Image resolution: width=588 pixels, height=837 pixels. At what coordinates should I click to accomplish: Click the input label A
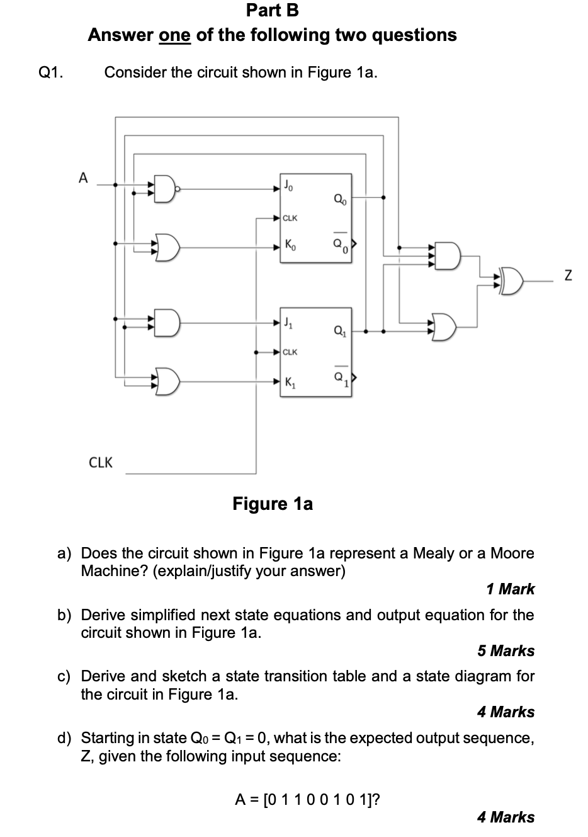pos(83,178)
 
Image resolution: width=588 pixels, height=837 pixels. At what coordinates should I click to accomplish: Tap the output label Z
pos(567,275)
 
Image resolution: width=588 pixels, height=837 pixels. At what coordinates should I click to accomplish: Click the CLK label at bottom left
pos(101,463)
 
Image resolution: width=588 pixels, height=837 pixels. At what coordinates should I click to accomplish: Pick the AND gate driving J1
pos(167,323)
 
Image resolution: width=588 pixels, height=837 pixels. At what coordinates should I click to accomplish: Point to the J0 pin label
pos(288,185)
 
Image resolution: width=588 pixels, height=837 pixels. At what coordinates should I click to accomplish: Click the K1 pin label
pos(290,383)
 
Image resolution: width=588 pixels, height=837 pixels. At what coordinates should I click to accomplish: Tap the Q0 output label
pos(340,200)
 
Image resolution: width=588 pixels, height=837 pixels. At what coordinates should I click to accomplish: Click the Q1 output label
pos(340,331)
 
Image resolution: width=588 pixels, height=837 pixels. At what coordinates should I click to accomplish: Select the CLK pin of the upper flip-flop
pos(290,218)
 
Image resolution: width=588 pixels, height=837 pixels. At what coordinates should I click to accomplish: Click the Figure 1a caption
pos(273,504)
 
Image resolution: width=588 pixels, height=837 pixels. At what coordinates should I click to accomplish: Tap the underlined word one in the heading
pos(175,35)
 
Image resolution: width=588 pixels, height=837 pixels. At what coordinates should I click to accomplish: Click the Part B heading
pos(273,10)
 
